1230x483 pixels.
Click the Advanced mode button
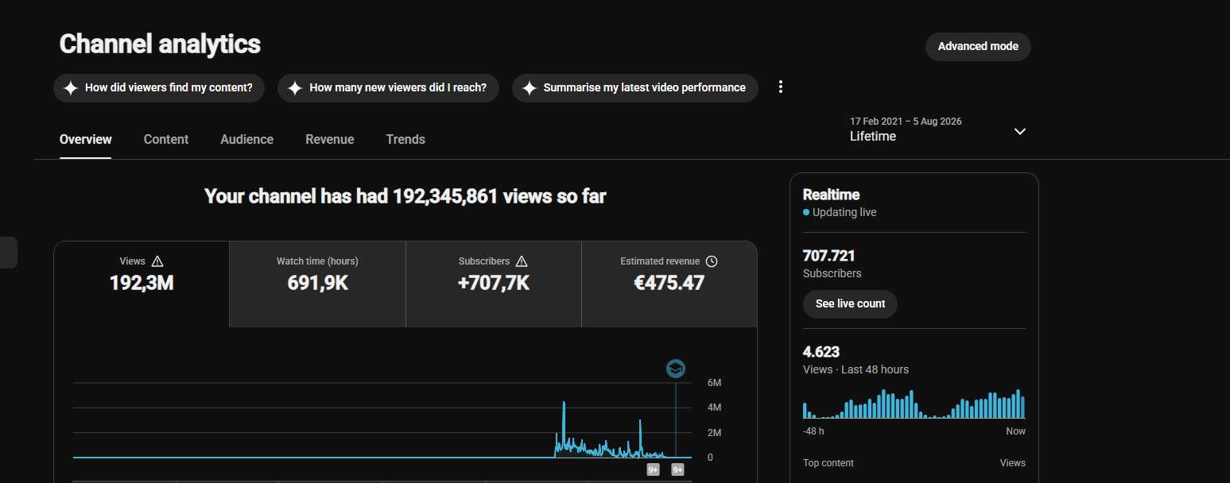978,47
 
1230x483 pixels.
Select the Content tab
166,139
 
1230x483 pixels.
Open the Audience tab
246,139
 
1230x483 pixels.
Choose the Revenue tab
329,139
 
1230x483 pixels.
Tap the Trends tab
405,139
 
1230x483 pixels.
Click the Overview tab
86,139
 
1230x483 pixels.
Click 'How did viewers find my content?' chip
159,88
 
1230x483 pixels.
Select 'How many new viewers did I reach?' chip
388,88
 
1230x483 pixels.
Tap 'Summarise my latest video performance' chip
634,88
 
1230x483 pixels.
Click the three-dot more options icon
780,87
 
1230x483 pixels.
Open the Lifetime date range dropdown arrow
1019,132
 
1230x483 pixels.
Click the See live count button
850,304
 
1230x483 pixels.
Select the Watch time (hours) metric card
317,284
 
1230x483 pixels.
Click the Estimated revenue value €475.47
669,284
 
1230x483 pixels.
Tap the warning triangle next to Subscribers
522,261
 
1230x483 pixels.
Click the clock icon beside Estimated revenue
711,261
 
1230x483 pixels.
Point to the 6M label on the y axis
715,383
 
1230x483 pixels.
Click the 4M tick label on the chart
715,408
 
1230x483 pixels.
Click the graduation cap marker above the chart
675,369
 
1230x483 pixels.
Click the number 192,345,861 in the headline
445,196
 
